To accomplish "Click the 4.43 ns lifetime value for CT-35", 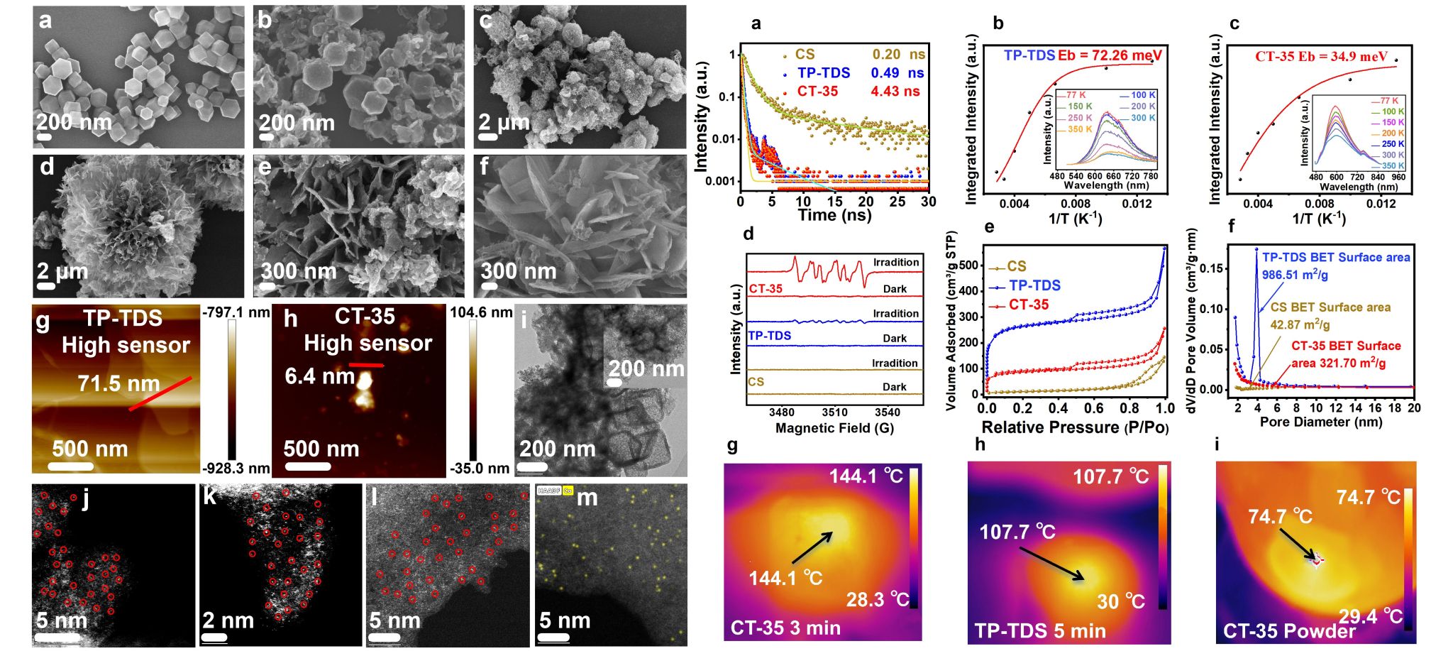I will click(895, 92).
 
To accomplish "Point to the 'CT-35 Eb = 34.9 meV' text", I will click(1321, 57).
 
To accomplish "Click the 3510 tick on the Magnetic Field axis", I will click(834, 412).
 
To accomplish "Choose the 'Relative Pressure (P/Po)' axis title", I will click(1074, 427).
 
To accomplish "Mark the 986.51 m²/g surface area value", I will click(1295, 275).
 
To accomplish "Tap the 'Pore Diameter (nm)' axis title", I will click(1320, 422).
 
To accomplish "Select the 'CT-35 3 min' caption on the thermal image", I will click(785, 628).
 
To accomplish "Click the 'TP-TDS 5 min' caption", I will click(1039, 630).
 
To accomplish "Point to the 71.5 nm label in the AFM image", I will click(118, 384).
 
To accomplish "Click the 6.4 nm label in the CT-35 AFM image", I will click(319, 376).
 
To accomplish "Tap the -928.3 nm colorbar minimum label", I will click(236, 469).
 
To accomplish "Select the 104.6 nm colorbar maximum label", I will click(481, 312).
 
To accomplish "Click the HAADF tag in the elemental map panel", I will click(548, 491).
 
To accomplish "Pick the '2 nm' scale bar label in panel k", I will click(228, 620).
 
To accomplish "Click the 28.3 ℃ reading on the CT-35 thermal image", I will click(877, 600).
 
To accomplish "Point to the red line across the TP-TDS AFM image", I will click(160, 394).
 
